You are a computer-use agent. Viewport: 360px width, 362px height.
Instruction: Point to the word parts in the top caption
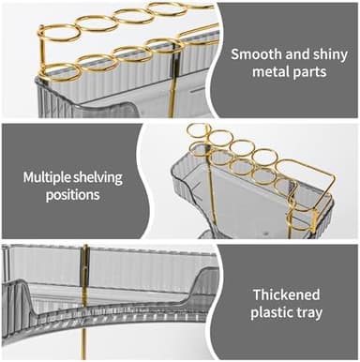[x=309, y=73]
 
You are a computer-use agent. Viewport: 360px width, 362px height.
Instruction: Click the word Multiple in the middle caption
[x=47, y=177]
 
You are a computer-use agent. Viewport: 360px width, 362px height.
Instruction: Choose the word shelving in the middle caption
[x=97, y=178]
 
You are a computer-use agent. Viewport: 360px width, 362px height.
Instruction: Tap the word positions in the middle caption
[x=73, y=195]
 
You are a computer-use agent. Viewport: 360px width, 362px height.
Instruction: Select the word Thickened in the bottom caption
[x=286, y=294]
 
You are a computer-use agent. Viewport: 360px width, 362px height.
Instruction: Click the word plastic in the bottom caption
[x=272, y=312]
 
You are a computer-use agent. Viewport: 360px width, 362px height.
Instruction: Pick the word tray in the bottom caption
[x=309, y=313]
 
